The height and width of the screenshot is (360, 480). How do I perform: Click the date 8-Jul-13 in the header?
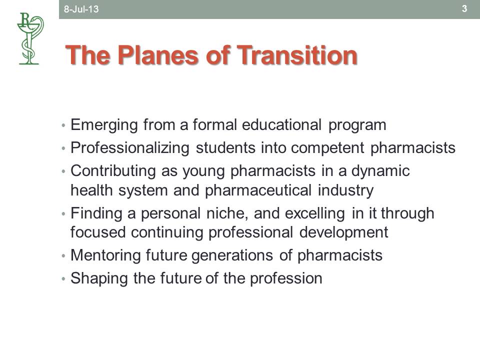81,9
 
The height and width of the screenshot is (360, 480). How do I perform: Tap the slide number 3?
464,8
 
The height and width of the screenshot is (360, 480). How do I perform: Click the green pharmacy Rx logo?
30,38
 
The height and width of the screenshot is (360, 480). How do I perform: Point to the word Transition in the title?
297,55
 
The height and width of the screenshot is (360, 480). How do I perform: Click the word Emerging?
104,125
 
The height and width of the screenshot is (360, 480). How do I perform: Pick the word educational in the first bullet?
281,125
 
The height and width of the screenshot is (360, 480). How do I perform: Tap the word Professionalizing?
130,148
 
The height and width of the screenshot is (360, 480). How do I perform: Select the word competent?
327,148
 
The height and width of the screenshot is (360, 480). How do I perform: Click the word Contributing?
113,171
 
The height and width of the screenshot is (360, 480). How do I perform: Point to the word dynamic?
380,171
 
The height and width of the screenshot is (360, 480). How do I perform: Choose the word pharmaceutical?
258,190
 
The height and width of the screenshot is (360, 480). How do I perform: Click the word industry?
345,190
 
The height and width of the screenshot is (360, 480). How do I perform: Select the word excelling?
315,213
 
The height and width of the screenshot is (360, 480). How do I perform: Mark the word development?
344,232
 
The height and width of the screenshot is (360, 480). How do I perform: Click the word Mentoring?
105,255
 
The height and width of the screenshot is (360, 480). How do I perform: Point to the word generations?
232,255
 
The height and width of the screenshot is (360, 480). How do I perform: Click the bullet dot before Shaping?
63,279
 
